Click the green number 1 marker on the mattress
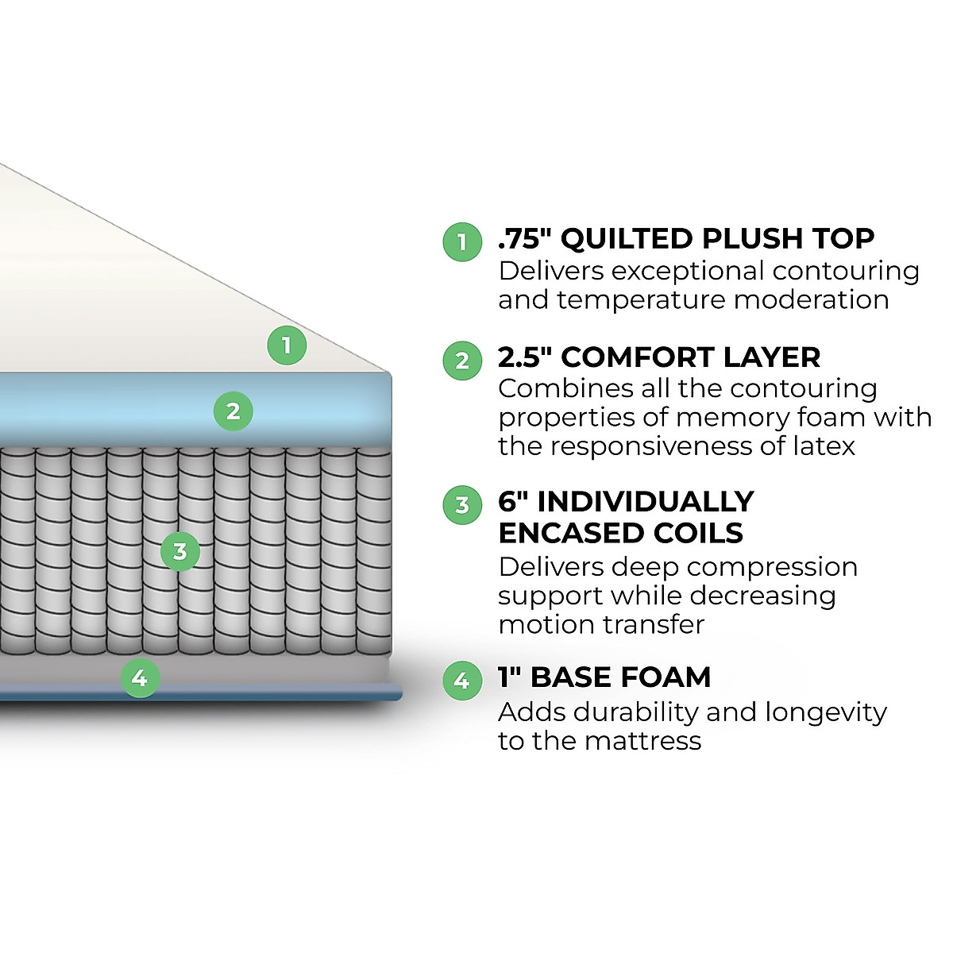pyautogui.click(x=287, y=345)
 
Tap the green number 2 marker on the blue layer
pyautogui.click(x=233, y=411)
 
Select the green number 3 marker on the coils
pyautogui.click(x=179, y=551)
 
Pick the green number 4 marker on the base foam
pyautogui.click(x=140, y=678)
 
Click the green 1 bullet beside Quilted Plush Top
pyautogui.click(x=462, y=241)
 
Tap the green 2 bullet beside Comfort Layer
pyautogui.click(x=462, y=361)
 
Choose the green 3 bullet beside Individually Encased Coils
pyautogui.click(x=462, y=505)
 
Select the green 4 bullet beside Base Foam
pyautogui.click(x=462, y=681)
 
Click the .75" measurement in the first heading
pyautogui.click(x=524, y=238)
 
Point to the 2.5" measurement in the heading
pyautogui.click(x=525, y=357)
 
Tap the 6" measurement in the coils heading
pyautogui.click(x=513, y=502)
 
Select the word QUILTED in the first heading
pyautogui.click(x=627, y=238)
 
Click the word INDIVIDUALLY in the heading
pyautogui.click(x=646, y=502)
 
